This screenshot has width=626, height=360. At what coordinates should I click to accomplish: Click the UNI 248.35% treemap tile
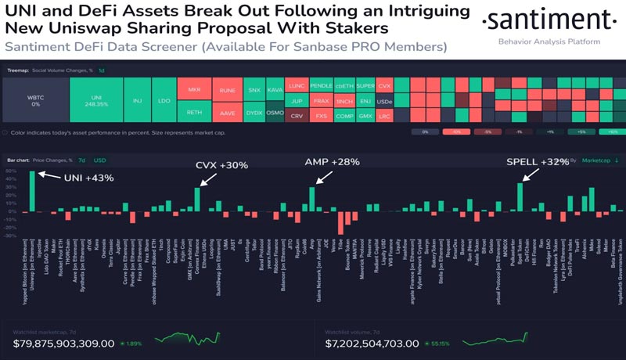(98, 101)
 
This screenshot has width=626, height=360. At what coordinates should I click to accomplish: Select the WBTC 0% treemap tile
(35, 101)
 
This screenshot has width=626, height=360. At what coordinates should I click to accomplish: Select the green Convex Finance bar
(198, 199)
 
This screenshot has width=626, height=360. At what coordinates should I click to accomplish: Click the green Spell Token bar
(520, 196)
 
